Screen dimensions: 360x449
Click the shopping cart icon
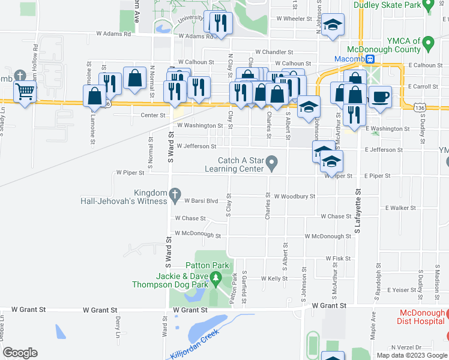pyautogui.click(x=25, y=92)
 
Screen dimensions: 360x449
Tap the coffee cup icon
pyautogui.click(x=380, y=97)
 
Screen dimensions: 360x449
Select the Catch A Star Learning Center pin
pyautogui.click(x=272, y=163)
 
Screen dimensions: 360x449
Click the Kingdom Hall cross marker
pyautogui.click(x=175, y=194)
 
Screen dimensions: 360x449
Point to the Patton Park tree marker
pyautogui.click(x=214, y=277)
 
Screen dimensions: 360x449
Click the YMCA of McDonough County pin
pyautogui.click(x=427, y=44)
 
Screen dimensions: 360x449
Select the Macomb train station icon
pyautogui.click(x=371, y=59)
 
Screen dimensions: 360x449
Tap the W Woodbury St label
pyautogui.click(x=294, y=196)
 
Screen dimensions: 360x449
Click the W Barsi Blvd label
pyautogui.click(x=200, y=201)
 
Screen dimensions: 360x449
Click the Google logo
pyautogui.click(x=20, y=353)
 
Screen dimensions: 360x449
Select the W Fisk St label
pyautogui.click(x=338, y=258)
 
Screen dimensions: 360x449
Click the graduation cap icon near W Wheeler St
pyautogui.click(x=333, y=25)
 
